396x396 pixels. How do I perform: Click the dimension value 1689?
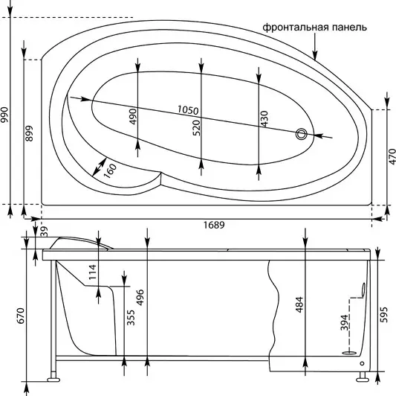(214, 225)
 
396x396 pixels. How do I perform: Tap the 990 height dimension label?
(4, 115)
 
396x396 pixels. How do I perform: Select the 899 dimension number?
(29, 133)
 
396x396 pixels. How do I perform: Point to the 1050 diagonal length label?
(188, 110)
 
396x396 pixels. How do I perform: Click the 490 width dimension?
(133, 116)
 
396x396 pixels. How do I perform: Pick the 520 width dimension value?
(196, 128)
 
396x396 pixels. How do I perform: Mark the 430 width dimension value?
(264, 118)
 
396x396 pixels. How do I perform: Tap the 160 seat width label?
(110, 170)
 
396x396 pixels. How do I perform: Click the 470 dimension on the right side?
(392, 156)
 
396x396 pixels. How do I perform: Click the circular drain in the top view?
(302, 134)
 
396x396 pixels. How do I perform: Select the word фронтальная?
(296, 28)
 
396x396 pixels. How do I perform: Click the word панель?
(349, 28)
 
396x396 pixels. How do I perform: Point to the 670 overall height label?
(20, 316)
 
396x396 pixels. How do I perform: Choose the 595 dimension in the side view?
(383, 315)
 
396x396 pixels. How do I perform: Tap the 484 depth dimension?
(299, 304)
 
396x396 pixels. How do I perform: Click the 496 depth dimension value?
(140, 297)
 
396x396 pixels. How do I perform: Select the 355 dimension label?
(131, 318)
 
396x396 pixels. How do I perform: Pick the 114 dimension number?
(92, 272)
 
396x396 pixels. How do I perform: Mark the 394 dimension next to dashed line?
(344, 322)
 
